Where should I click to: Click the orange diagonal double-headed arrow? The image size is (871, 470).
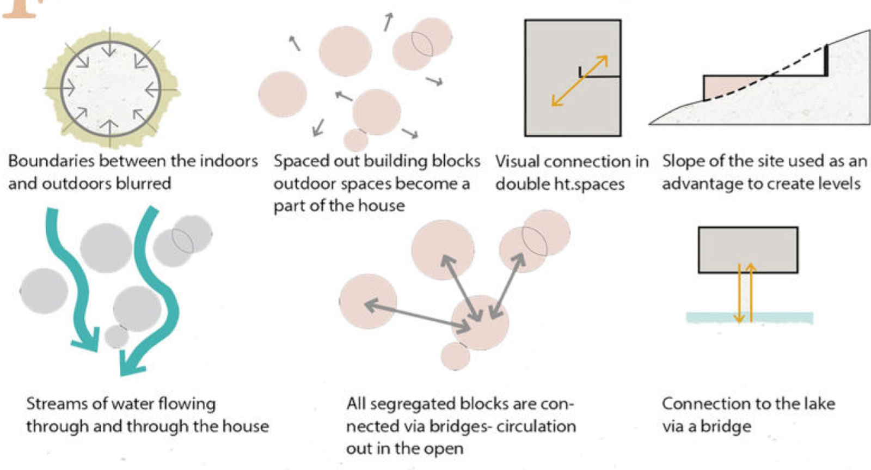tap(579, 81)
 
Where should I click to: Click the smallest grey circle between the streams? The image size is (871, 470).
tap(116, 336)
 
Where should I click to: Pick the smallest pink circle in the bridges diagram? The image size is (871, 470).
tap(455, 357)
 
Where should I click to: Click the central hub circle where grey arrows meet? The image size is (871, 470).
tap(480, 322)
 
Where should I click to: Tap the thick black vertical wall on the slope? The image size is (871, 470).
tap(826, 60)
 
